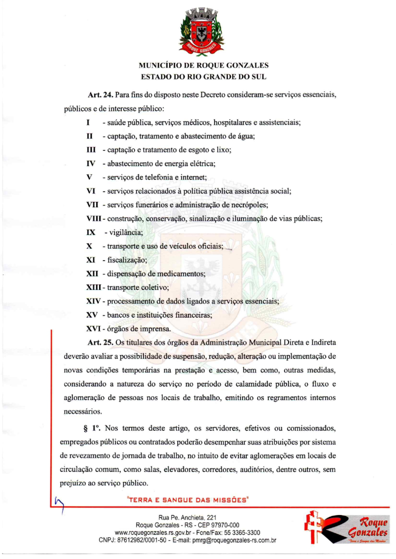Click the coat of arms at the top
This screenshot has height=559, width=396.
tap(198, 31)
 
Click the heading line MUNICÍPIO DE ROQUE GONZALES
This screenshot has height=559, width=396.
tap(198, 65)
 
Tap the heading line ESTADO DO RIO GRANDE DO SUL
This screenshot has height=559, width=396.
tap(198, 77)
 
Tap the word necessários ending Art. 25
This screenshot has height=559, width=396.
tap(83, 410)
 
